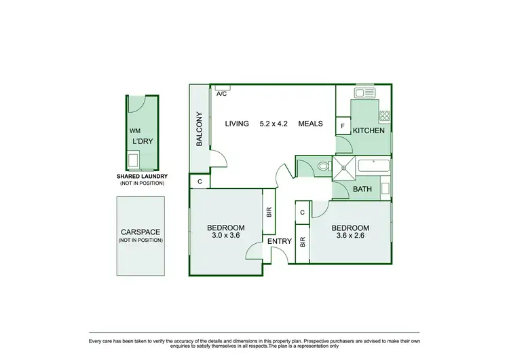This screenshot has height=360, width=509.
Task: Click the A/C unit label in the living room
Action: click(221, 94)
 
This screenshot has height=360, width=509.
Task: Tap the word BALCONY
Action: click(200, 129)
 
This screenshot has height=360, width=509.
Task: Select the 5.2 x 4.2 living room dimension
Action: click(274, 124)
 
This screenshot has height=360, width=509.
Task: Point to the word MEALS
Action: click(310, 124)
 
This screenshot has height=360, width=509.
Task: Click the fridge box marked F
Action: click(343, 127)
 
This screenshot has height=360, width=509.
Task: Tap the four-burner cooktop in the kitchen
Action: click(385, 116)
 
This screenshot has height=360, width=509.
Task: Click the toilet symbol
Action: click(322, 165)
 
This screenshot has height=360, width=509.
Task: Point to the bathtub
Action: click(373, 165)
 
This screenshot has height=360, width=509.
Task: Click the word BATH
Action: click(362, 190)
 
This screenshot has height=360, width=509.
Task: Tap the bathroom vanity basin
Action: click(385, 187)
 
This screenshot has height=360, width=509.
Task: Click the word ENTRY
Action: click(279, 241)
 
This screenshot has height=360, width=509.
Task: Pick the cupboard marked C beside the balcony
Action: click(200, 181)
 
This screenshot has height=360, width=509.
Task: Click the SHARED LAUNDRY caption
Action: click(142, 176)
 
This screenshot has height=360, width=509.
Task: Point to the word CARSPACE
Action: click(140, 232)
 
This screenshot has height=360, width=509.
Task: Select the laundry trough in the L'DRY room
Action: click(134, 160)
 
